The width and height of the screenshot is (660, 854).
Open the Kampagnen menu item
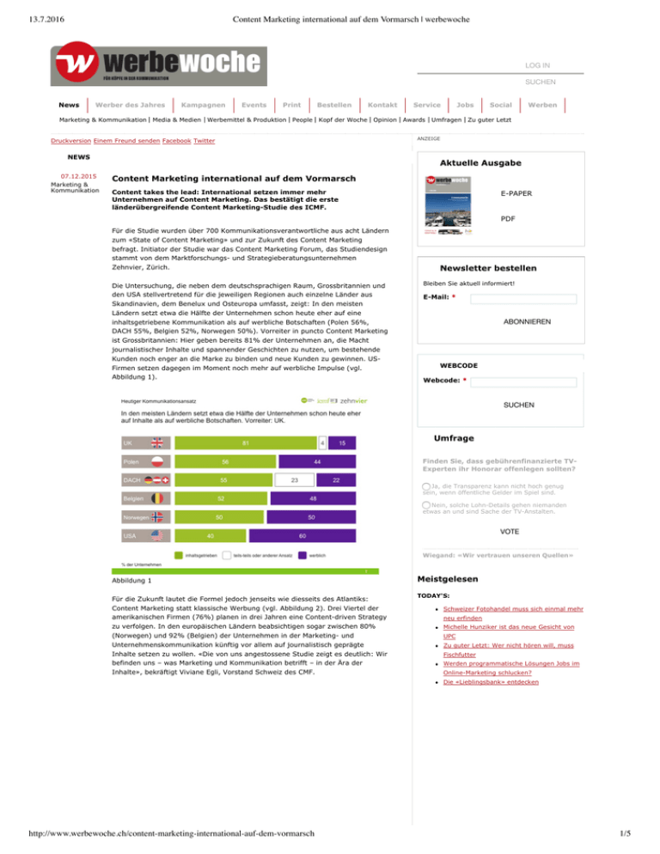tap(198, 103)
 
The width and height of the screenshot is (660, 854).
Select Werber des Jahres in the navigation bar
tap(130, 103)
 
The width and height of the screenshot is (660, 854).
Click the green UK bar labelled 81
tap(245, 442)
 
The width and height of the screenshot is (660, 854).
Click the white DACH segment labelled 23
tap(294, 479)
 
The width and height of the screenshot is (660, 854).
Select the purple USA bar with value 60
tap(302, 536)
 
